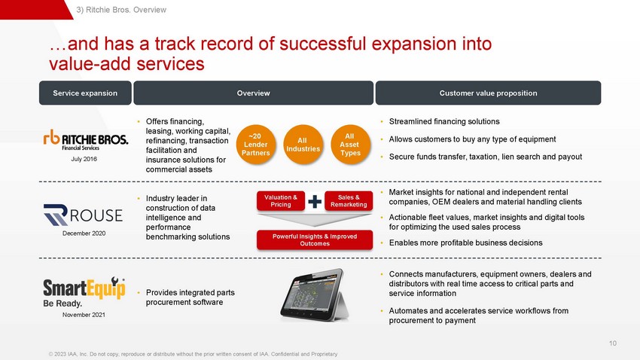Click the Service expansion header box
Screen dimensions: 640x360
[x=85, y=93]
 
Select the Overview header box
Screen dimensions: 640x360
[x=254, y=93]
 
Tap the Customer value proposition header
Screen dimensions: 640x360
[x=488, y=93]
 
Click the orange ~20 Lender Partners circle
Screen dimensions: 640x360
[x=256, y=145]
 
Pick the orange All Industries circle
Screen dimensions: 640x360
[x=303, y=145]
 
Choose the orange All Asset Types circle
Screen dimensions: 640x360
[x=350, y=145]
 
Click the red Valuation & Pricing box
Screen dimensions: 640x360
[x=281, y=201]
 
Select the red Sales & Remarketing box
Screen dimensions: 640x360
[x=349, y=201]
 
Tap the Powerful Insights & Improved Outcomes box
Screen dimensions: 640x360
[x=315, y=240]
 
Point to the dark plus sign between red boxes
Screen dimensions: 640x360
[x=315, y=201]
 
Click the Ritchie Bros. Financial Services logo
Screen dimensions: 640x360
[x=86, y=140]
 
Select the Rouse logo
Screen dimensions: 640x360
[x=83, y=215]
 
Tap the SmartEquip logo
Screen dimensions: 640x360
[x=84, y=291]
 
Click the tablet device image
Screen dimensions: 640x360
[x=314, y=294]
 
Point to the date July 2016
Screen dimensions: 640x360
[x=84, y=159]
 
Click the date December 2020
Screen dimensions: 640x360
[x=84, y=233]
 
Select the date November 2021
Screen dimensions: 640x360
[x=84, y=315]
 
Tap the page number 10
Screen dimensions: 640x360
[x=613, y=343]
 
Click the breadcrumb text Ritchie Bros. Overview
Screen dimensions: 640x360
[x=126, y=10]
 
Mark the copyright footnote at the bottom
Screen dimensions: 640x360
[x=193, y=354]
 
